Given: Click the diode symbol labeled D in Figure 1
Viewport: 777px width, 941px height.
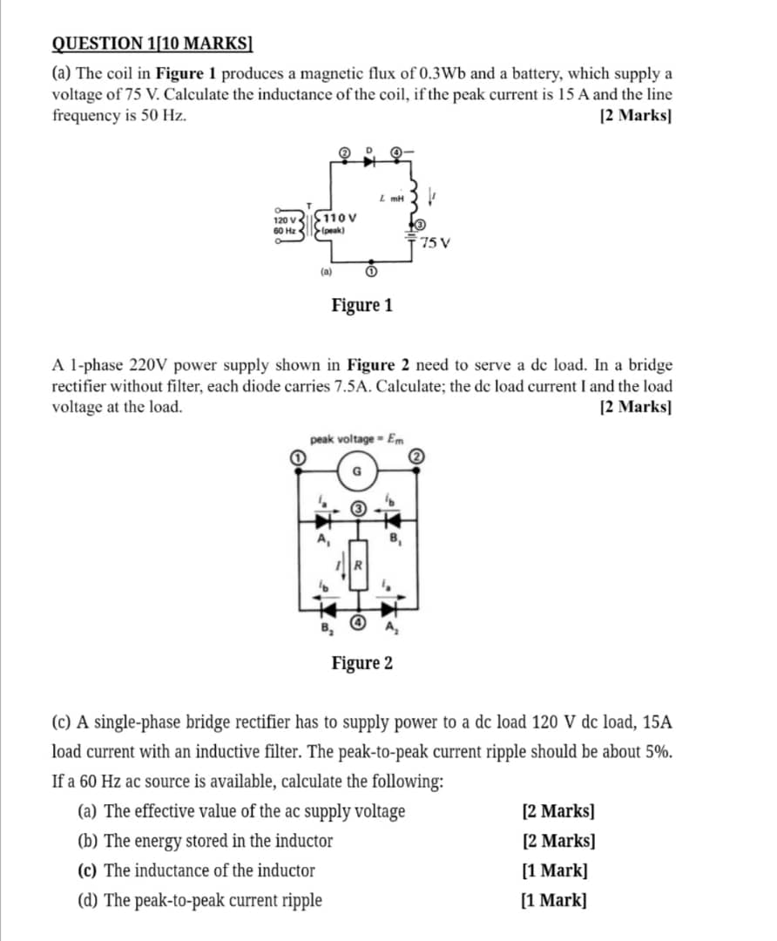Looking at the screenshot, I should coord(369,160).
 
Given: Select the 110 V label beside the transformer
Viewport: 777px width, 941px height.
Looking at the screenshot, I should coord(339,217).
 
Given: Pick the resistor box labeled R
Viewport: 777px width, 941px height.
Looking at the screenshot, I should coord(357,565).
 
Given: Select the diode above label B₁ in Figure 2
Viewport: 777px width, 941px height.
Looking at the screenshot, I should coord(392,520).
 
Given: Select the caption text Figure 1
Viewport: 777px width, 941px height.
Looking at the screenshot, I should coord(361,305).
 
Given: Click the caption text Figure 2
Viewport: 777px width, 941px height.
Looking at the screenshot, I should coord(361,663).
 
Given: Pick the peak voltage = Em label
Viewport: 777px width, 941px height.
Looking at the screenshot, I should coord(357,438).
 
